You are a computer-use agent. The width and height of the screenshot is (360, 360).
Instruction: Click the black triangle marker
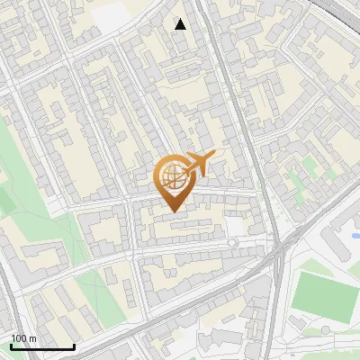click(180, 24)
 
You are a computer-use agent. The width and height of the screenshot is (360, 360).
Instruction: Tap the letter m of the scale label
click(34, 338)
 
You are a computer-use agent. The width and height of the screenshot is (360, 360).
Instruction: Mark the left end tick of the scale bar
click(11, 346)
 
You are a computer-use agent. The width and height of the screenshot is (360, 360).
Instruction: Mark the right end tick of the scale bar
click(74, 346)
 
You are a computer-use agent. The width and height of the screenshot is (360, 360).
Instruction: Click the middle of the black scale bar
click(42, 346)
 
